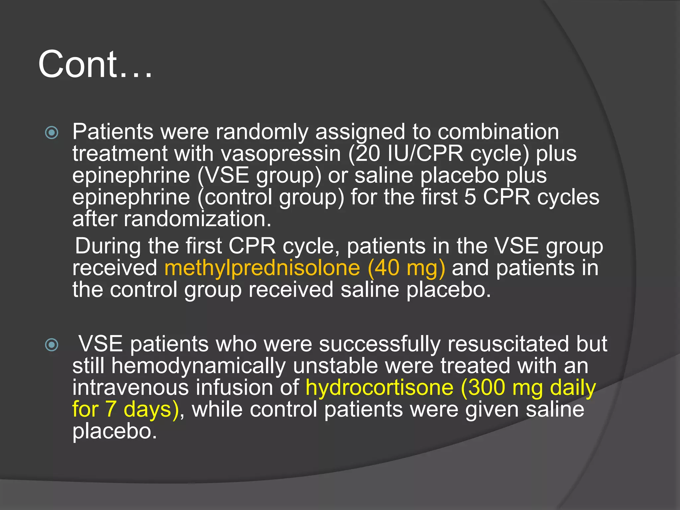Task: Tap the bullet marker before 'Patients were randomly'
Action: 51,133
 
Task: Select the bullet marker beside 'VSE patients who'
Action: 51,345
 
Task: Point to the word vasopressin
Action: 281,154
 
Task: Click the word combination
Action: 498,132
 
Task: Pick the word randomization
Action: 197,219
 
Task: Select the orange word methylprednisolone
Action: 262,268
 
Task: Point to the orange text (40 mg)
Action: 406,268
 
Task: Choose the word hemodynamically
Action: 199,366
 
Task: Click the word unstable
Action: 335,366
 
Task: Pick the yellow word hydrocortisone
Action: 379,387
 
